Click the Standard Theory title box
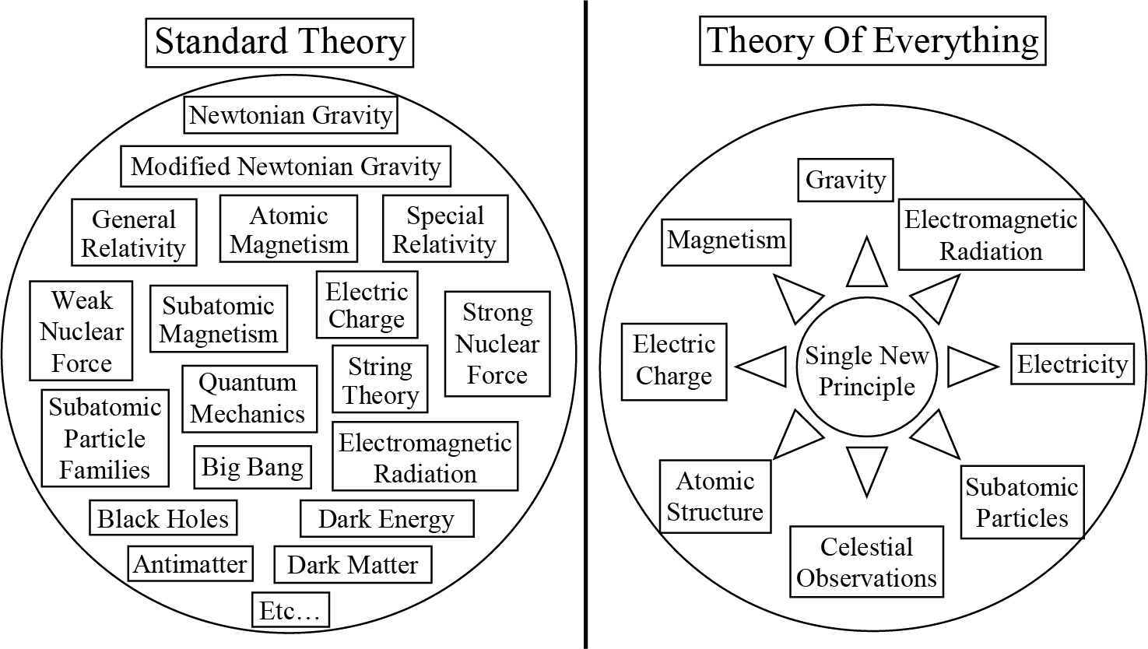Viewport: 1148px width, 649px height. [x=279, y=41]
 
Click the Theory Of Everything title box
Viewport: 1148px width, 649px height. [x=872, y=40]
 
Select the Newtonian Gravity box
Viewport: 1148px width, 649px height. [x=291, y=115]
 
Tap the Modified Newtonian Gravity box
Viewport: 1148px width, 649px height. [x=286, y=166]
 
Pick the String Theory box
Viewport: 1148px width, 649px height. [x=381, y=380]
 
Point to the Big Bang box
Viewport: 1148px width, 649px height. [x=252, y=467]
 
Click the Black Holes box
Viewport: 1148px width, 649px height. [x=163, y=519]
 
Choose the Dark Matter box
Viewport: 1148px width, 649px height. [x=353, y=565]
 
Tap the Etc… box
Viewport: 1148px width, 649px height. [x=290, y=611]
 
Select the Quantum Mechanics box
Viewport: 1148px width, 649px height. [x=249, y=398]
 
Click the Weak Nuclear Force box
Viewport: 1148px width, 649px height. [x=82, y=331]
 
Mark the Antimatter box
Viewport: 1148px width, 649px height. [x=190, y=564]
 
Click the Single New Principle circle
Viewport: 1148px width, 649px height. [x=866, y=370]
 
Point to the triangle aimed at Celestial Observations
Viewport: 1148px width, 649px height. [x=866, y=468]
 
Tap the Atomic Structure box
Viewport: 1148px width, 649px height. [x=715, y=496]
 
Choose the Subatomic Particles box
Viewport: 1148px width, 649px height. [x=1022, y=502]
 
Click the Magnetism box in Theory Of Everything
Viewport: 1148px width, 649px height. [x=726, y=240]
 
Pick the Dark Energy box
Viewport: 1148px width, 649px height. [x=386, y=519]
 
